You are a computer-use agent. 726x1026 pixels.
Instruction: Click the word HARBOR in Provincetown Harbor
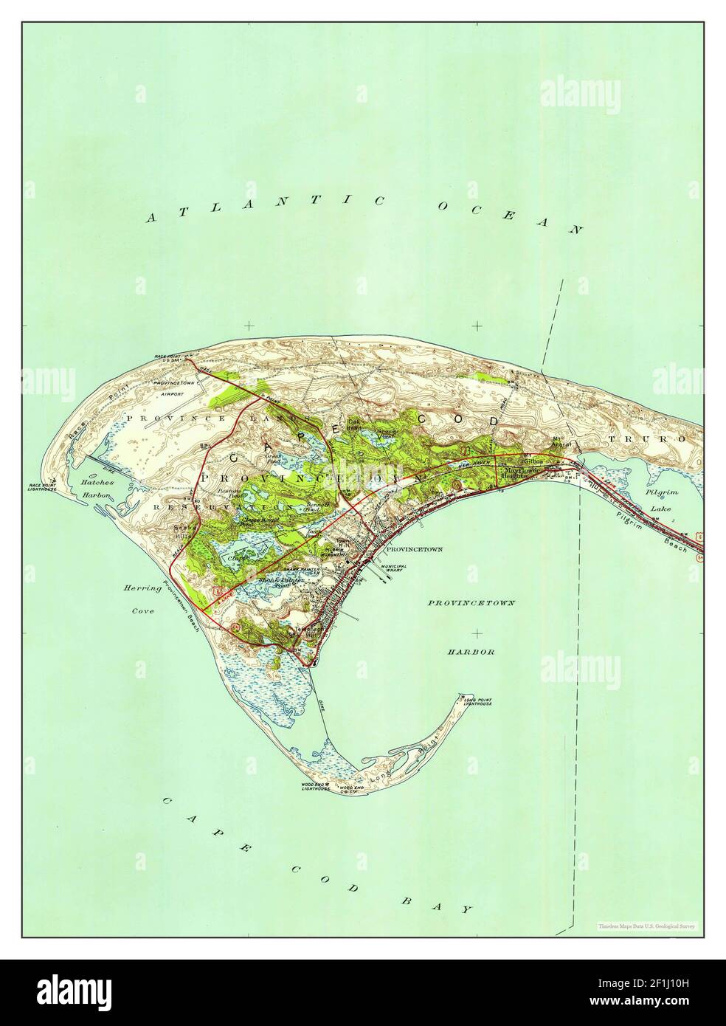click(x=474, y=653)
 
